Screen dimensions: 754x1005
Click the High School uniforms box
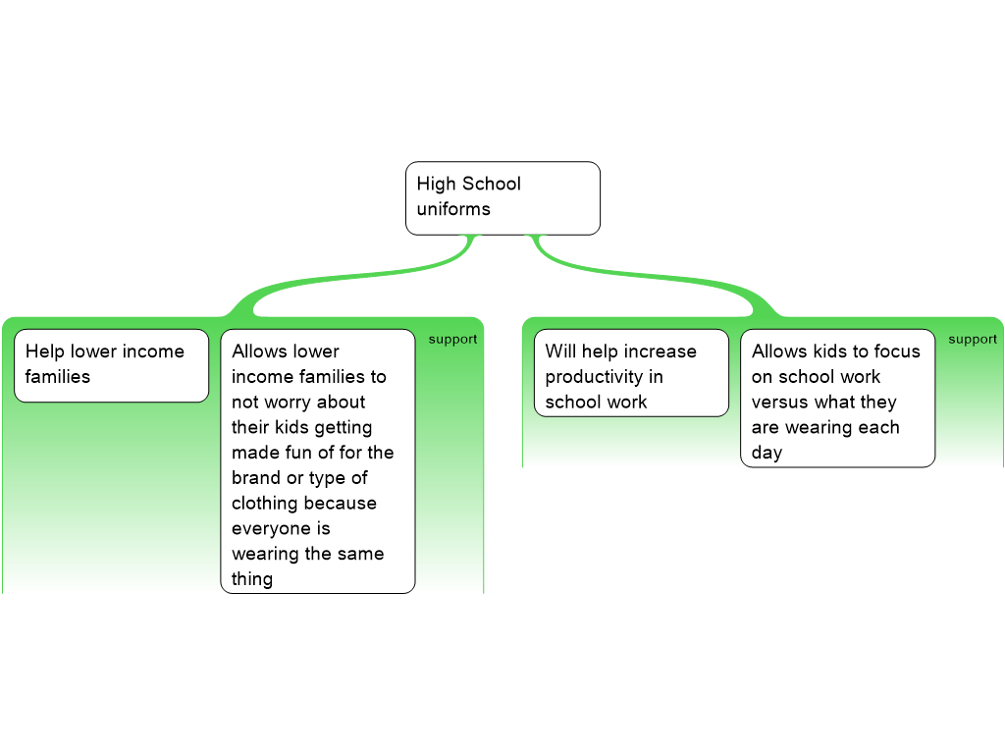[x=502, y=198]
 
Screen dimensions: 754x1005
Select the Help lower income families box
[x=111, y=365]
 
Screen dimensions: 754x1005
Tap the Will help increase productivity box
[x=631, y=373]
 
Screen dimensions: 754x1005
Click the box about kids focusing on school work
[x=837, y=398]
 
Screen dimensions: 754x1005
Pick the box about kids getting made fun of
[x=317, y=461]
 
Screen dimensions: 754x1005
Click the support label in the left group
[x=452, y=340]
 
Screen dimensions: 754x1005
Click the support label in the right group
[x=973, y=340]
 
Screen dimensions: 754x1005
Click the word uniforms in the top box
[x=453, y=209]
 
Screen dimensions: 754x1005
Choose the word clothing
[x=267, y=504]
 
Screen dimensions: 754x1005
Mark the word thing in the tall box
[x=252, y=579]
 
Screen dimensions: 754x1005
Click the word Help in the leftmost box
[x=45, y=351]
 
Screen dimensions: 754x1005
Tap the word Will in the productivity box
[x=560, y=351]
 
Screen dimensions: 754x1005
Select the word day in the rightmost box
[x=767, y=454]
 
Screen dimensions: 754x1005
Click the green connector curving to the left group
[x=344, y=280]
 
